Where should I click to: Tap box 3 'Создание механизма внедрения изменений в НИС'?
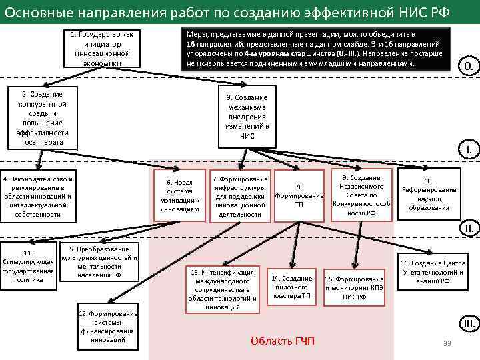247,117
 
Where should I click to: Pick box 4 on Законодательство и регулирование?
37,197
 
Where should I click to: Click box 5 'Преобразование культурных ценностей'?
99,262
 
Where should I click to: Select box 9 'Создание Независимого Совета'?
361,195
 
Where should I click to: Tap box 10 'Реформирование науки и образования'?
429,194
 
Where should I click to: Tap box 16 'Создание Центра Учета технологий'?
431,272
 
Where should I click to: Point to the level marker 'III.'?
468,325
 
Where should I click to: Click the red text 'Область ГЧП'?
283,341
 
